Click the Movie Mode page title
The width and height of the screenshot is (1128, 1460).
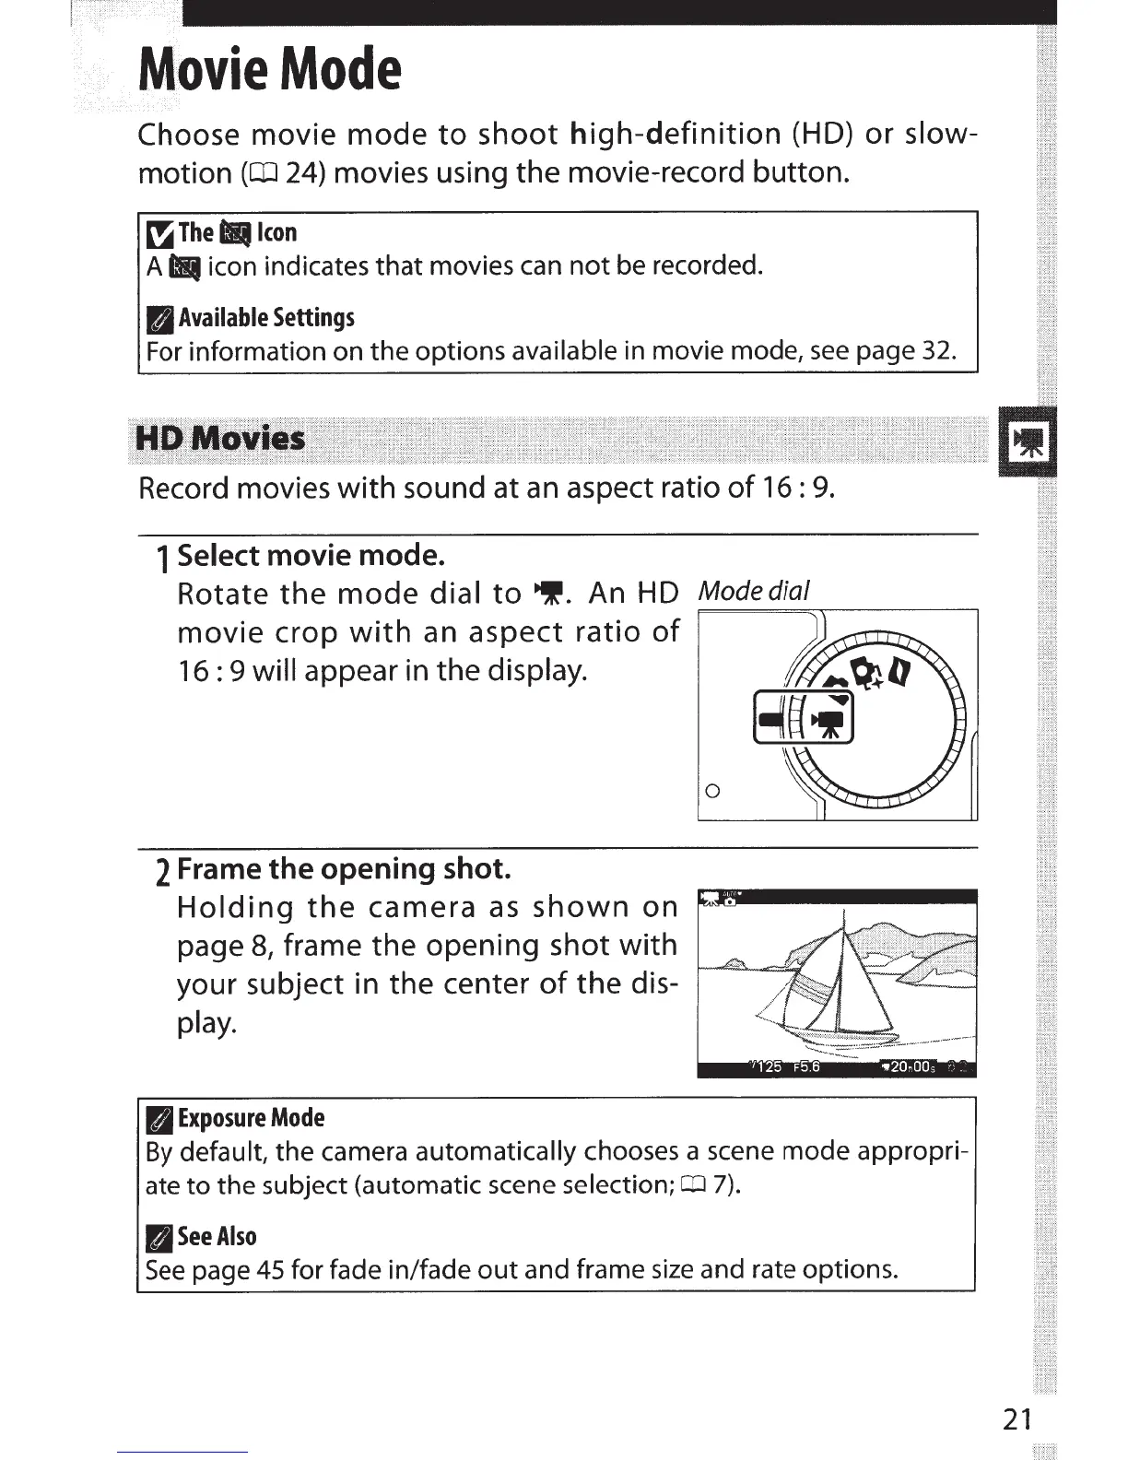click(x=269, y=69)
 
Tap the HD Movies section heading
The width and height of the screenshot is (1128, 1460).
click(x=220, y=438)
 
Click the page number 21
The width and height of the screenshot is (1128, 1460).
click(x=1017, y=1419)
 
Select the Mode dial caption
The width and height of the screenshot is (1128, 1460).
click(x=754, y=590)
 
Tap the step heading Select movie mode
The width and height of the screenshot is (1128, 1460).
click(x=311, y=555)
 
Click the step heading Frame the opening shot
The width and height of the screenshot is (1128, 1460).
click(x=343, y=868)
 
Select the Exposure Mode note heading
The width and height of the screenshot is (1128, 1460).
click(x=251, y=1118)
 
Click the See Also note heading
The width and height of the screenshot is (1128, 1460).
click(x=217, y=1236)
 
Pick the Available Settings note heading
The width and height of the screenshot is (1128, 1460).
click(x=266, y=318)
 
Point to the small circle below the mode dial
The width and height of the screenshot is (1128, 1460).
click(x=711, y=791)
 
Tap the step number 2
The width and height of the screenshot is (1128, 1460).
click(x=162, y=869)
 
